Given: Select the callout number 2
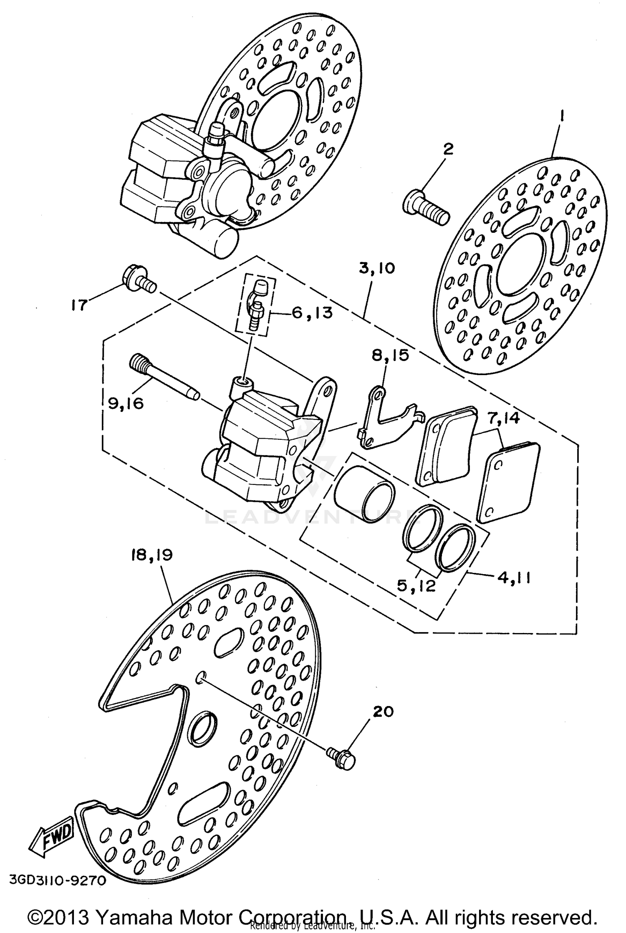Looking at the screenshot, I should (x=448, y=149).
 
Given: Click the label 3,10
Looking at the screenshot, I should (x=376, y=268).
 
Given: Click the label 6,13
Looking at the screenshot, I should (x=312, y=312).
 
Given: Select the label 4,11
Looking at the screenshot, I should (x=513, y=579).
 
